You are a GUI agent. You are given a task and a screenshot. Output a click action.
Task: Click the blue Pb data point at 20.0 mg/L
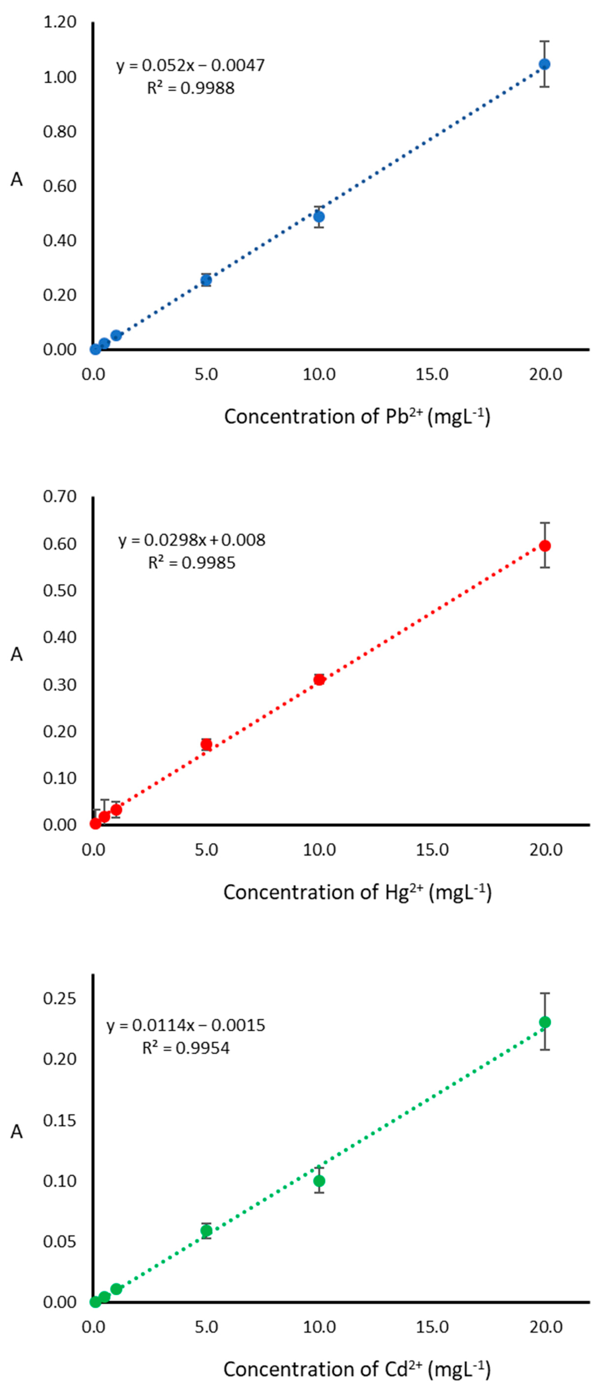tap(545, 64)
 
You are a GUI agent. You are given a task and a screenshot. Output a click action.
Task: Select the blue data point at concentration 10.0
tap(319, 217)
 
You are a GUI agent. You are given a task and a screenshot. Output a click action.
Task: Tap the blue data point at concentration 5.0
tap(206, 280)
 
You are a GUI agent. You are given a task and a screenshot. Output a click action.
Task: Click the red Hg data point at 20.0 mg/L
tap(545, 546)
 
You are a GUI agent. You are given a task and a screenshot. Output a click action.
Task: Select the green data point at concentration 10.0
tap(319, 1181)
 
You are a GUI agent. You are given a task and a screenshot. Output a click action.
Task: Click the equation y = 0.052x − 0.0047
tap(191, 65)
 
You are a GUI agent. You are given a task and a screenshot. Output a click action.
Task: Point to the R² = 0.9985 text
tap(192, 563)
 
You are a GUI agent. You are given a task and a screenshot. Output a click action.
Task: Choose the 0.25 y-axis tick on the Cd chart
tap(60, 998)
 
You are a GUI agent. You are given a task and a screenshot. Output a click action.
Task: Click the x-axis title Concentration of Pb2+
tap(357, 417)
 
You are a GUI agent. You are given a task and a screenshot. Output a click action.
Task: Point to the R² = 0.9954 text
tap(186, 1048)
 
